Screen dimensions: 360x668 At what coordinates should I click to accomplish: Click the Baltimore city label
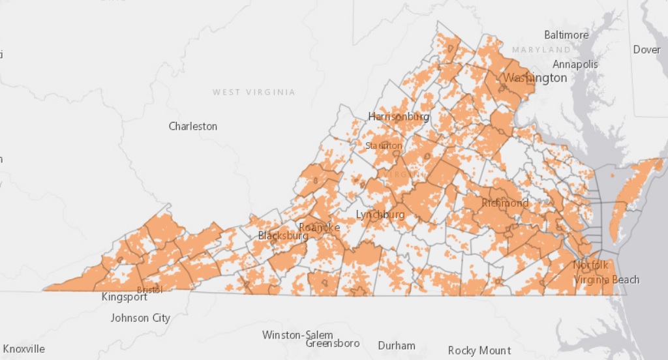(x=566, y=35)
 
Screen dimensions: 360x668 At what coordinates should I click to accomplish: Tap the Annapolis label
(x=575, y=64)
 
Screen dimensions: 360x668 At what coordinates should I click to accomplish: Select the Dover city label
(x=646, y=50)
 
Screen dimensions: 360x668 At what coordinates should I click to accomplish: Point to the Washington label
(x=535, y=78)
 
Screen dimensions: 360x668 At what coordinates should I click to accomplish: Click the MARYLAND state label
(x=541, y=50)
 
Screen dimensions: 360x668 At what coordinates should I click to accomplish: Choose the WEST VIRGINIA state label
(x=254, y=92)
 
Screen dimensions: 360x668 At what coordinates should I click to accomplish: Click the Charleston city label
(x=193, y=126)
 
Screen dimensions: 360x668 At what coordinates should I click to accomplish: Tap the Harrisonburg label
(x=399, y=117)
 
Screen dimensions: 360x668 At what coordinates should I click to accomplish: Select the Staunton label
(x=384, y=145)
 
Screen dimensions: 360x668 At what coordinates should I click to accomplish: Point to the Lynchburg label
(x=380, y=215)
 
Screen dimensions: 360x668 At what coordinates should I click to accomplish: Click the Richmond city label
(x=505, y=203)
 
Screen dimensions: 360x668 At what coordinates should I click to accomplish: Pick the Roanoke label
(x=319, y=227)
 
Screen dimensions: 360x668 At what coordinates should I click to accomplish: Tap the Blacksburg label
(x=283, y=235)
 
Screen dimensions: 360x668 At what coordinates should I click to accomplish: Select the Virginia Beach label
(x=607, y=280)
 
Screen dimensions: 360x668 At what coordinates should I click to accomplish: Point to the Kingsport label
(x=125, y=297)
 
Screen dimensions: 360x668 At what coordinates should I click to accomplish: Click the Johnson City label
(x=140, y=318)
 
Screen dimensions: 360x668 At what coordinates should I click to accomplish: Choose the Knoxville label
(x=24, y=349)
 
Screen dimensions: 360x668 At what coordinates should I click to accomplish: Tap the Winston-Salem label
(x=297, y=335)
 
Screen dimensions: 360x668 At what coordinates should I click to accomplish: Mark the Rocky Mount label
(x=479, y=351)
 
